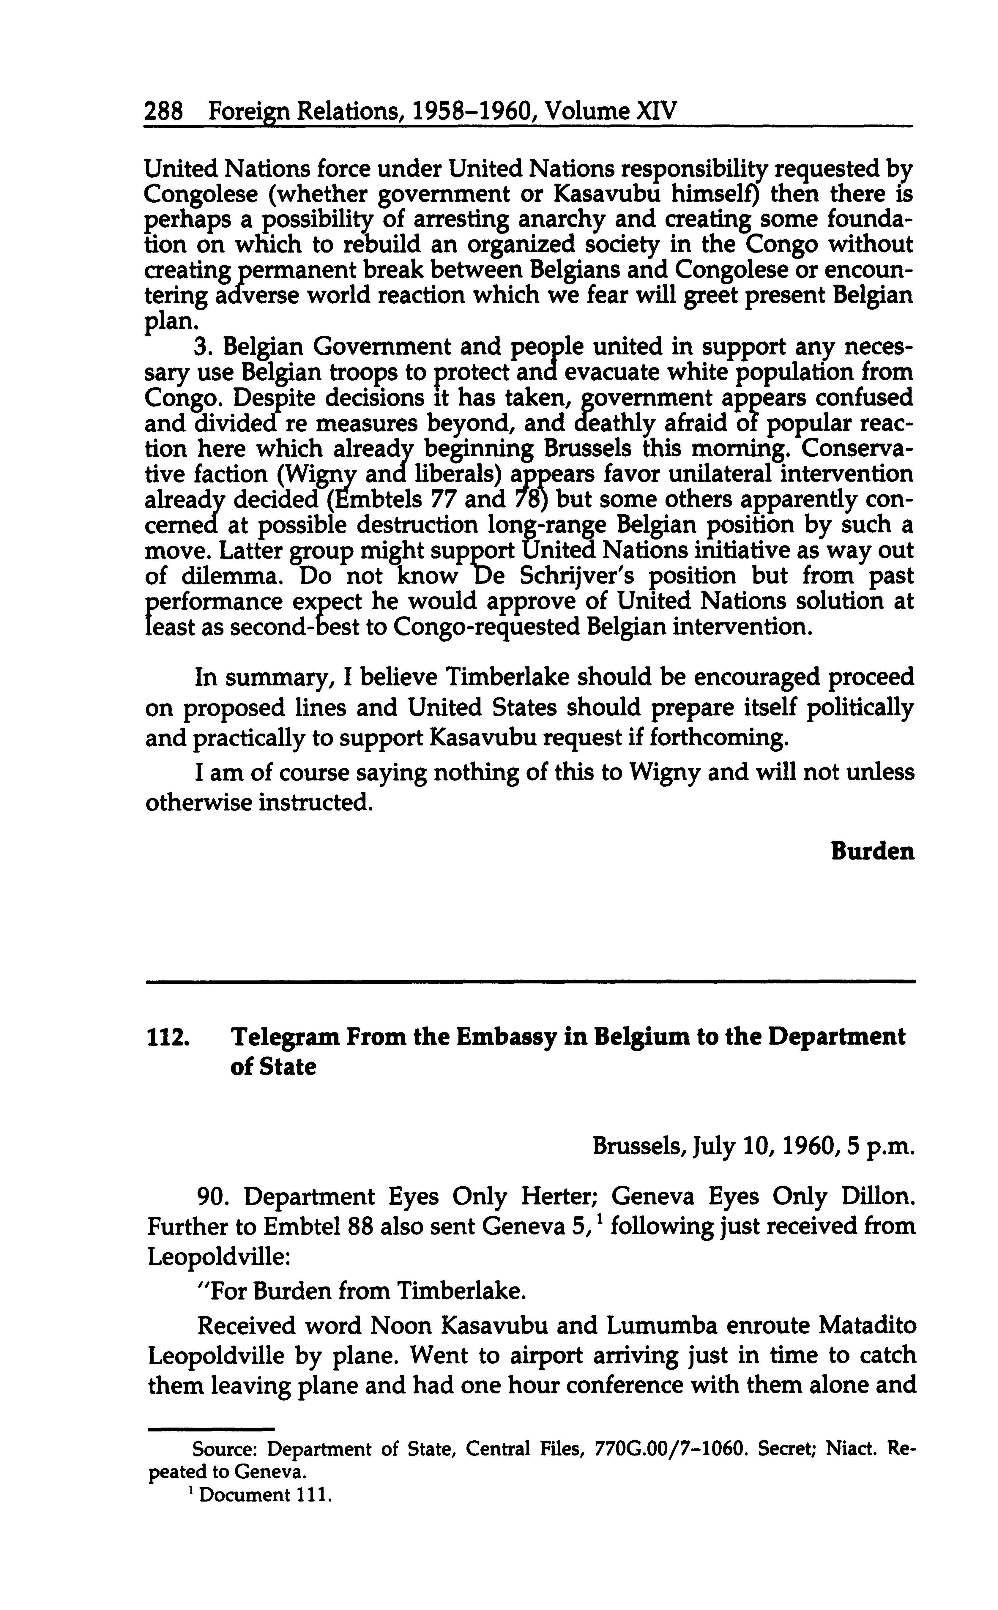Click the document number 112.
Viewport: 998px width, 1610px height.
click(168, 1038)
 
